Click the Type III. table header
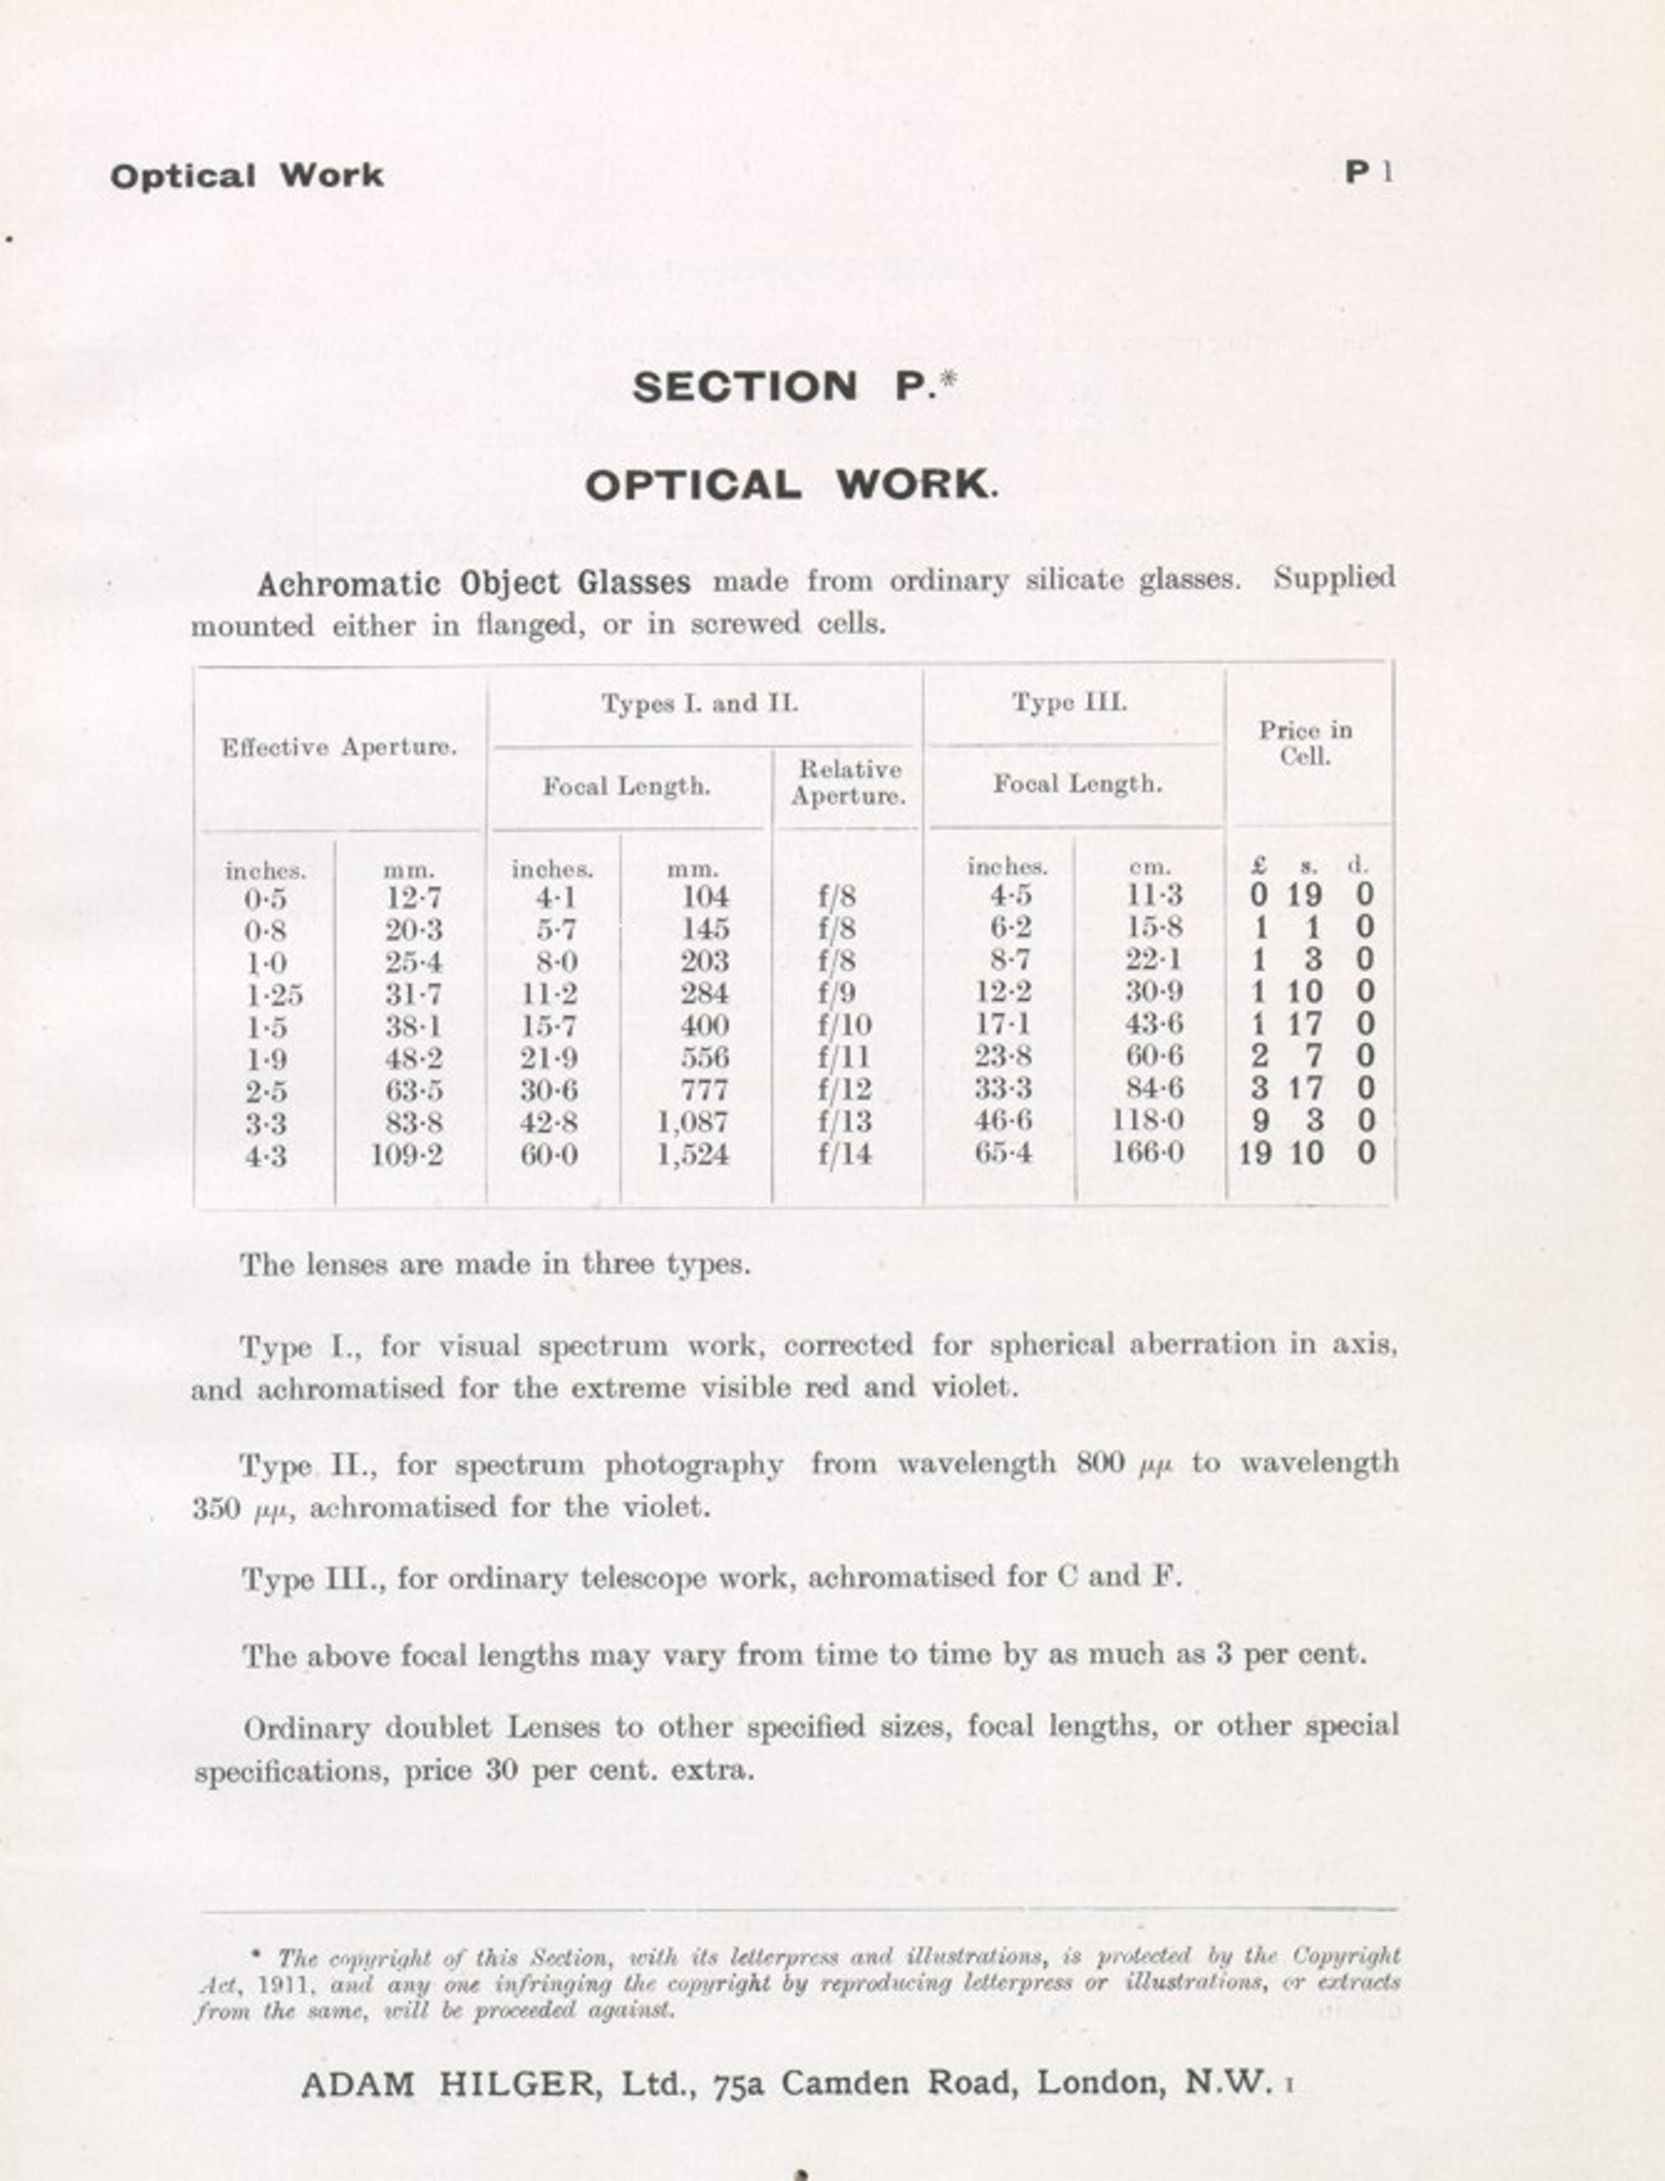[1069, 703]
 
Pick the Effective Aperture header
[339, 747]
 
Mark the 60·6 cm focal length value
[1154, 1056]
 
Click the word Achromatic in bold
[348, 584]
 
